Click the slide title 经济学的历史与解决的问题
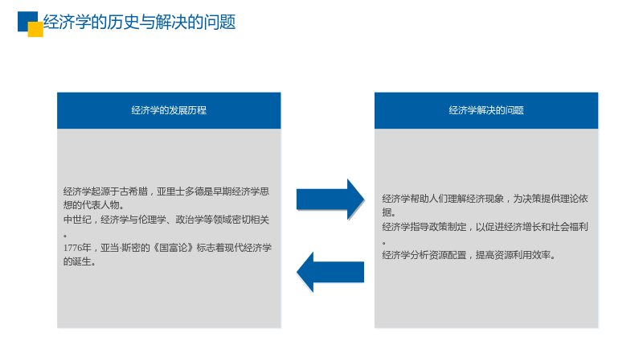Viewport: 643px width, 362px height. click(139, 23)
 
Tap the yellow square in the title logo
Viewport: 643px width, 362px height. click(35, 29)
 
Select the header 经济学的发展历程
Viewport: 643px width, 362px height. click(169, 110)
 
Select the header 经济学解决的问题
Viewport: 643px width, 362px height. click(486, 110)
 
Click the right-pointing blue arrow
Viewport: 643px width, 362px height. click(330, 200)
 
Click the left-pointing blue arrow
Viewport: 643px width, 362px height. click(330, 272)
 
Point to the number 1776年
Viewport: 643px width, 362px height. click(77, 248)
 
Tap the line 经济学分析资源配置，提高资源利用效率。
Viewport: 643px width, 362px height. click(469, 255)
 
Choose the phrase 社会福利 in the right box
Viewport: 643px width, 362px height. click(569, 227)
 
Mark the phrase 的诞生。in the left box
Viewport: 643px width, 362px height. click(80, 262)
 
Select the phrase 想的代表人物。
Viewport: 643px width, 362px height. click(93, 205)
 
